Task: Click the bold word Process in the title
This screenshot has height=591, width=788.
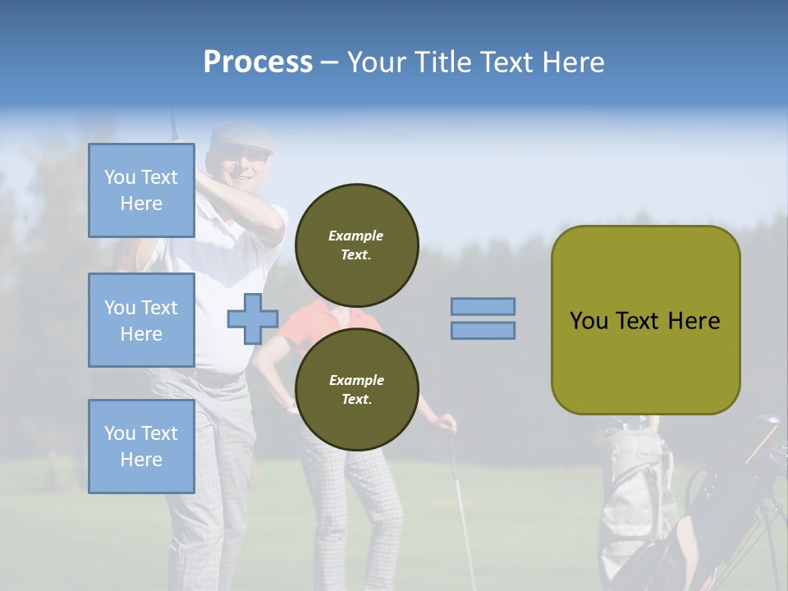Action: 258,62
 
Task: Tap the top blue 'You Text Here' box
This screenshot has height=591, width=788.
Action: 141,190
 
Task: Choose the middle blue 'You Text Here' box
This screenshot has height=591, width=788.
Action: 141,320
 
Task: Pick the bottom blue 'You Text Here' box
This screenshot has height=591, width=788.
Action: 141,446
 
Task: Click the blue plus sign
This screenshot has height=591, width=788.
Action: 253,319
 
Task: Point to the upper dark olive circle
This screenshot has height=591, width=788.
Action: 356,245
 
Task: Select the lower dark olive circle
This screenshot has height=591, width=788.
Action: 356,389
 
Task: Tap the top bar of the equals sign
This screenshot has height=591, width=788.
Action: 483,307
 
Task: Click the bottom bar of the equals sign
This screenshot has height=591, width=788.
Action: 483,331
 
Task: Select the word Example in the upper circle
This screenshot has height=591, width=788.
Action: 356,236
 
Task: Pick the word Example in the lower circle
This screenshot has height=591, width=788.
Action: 356,380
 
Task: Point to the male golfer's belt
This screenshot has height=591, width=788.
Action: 213,377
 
